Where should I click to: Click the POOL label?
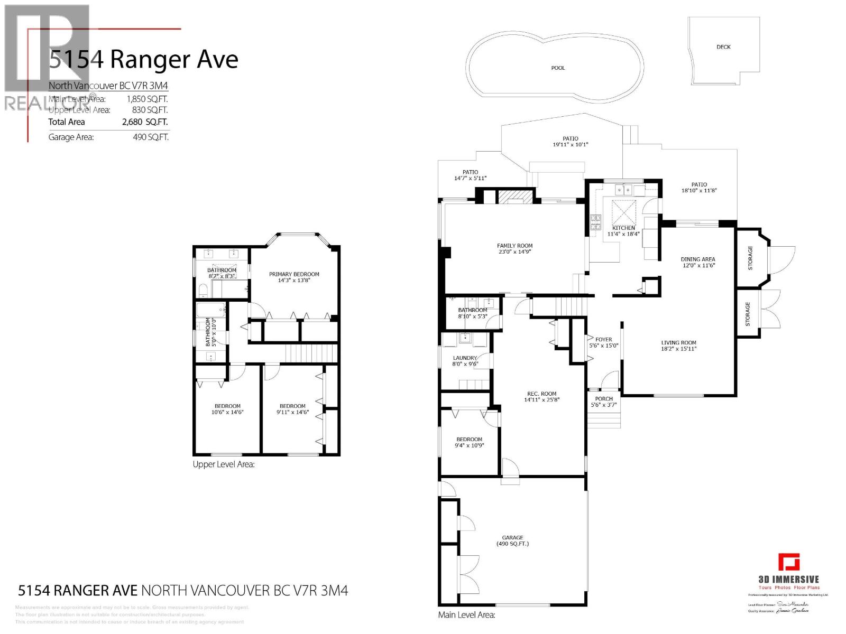pos(558,68)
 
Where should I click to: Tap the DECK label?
pos(723,47)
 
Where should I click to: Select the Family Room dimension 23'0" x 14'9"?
pos(514,252)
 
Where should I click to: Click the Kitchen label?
pos(623,228)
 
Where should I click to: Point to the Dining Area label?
pos(698,259)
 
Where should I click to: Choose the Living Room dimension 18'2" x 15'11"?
pos(678,349)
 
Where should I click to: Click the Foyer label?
pos(603,340)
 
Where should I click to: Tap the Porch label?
pos(603,399)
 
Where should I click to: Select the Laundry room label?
pos(465,358)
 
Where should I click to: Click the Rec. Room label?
pos(541,393)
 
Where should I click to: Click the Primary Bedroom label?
pos(294,274)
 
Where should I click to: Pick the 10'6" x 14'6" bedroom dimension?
pos(227,413)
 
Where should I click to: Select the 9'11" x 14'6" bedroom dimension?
pos(292,413)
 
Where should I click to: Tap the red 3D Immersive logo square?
pos(788,562)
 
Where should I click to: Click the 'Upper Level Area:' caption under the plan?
pos(224,464)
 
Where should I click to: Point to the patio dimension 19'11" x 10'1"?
pos(570,144)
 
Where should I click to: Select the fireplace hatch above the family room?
pos(511,197)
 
